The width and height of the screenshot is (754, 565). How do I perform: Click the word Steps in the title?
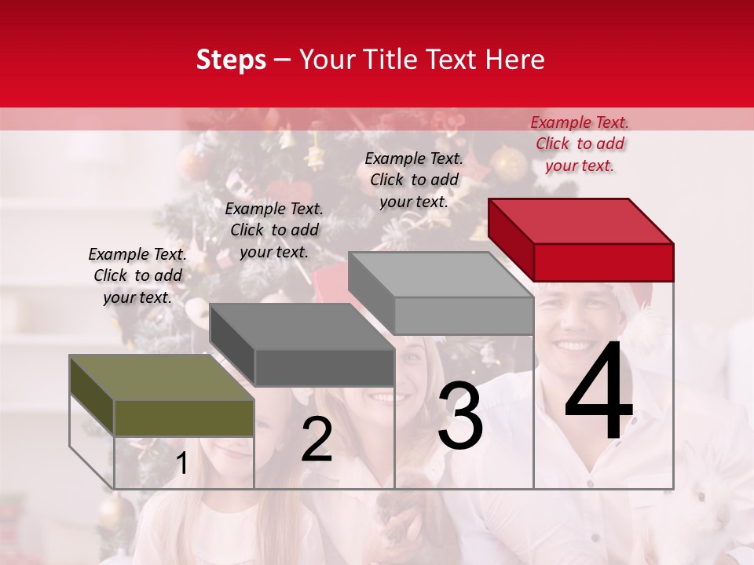point(231,60)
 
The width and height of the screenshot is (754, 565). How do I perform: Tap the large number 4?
point(598,392)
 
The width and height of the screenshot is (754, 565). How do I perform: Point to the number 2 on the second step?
point(317,440)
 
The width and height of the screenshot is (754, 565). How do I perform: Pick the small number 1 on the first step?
point(182,464)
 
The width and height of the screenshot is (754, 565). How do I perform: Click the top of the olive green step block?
point(162,377)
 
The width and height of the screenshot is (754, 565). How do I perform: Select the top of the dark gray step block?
point(302,326)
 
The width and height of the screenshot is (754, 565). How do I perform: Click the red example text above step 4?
point(580,144)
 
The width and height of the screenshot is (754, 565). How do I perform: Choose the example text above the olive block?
point(137,275)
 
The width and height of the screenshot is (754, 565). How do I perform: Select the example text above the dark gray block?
point(274,230)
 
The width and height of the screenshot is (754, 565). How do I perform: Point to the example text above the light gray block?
point(414,180)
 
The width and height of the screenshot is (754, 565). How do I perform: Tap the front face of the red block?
point(603,262)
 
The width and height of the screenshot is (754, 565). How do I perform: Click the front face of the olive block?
point(184,417)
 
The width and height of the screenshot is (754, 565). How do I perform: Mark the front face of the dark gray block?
point(324,367)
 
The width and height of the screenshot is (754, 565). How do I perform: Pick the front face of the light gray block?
point(463,315)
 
